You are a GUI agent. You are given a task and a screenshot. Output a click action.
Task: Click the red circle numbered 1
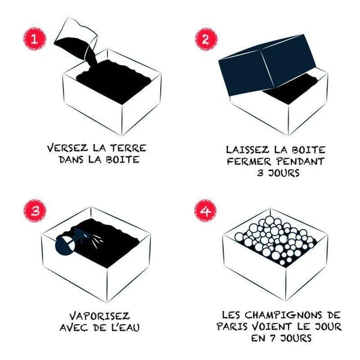34,39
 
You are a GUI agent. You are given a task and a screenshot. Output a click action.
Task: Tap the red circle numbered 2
206,39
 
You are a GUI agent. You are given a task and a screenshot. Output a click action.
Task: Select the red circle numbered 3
35,211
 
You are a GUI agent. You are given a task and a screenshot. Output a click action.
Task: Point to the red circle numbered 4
205,211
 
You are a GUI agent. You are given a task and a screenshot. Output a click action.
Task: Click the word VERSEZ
67,148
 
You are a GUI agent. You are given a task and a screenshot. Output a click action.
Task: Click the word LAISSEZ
247,150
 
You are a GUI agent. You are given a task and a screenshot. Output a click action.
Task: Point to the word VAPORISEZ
100,316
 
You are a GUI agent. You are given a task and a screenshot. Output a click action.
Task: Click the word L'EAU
125,328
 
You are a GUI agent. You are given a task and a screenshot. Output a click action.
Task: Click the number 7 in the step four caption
273,338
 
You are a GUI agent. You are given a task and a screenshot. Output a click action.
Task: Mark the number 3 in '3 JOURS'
260,173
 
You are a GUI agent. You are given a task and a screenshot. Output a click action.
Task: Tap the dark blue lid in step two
267,65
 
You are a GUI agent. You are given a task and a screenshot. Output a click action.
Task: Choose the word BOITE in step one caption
123,160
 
